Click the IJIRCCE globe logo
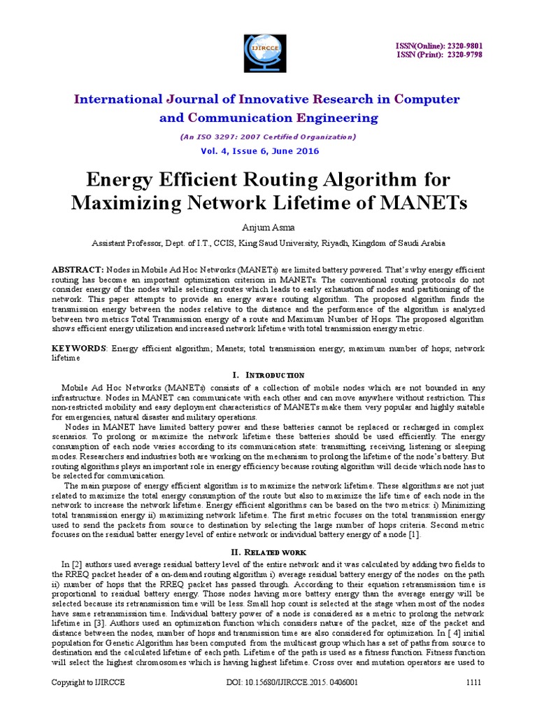[268, 52]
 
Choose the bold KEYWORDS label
[80, 349]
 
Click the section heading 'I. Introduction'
[268, 375]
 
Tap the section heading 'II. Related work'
[268, 552]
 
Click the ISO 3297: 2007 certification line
[268, 137]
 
